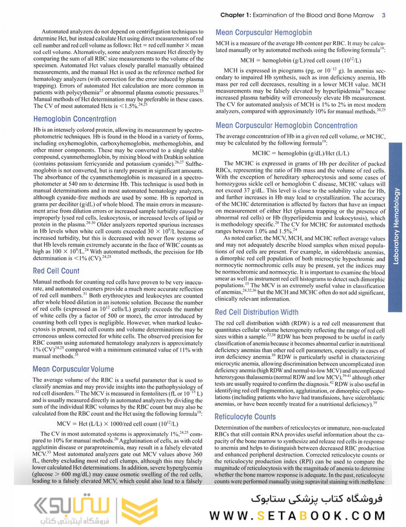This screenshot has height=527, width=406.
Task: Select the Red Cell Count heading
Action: click(56, 271)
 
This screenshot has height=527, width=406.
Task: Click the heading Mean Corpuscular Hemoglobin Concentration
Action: click(287, 126)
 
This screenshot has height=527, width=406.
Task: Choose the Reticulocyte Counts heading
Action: click(245, 416)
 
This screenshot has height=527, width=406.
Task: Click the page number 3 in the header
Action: click(384, 15)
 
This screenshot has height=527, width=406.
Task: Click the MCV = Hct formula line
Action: click(117, 424)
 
